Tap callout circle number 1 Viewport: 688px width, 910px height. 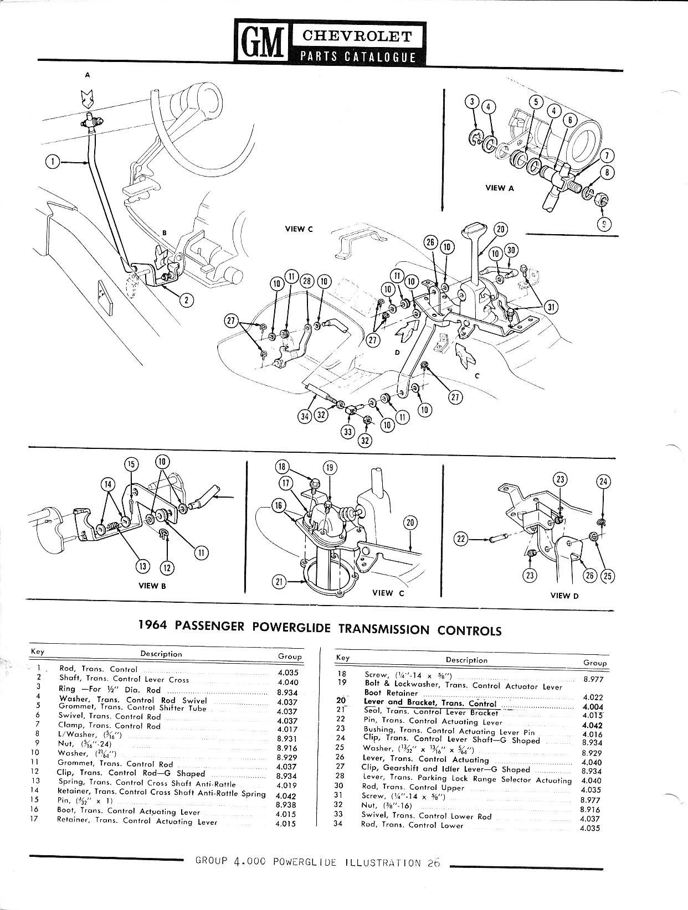[x=52, y=162]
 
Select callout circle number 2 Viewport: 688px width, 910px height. [x=187, y=300]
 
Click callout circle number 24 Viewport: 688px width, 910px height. [x=604, y=482]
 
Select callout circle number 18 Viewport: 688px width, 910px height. [x=281, y=467]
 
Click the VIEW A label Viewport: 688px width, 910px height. [x=500, y=188]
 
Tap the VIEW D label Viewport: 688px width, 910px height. [x=564, y=596]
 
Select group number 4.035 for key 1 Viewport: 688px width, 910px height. [x=287, y=674]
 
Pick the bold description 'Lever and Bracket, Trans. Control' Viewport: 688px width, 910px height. [x=430, y=702]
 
